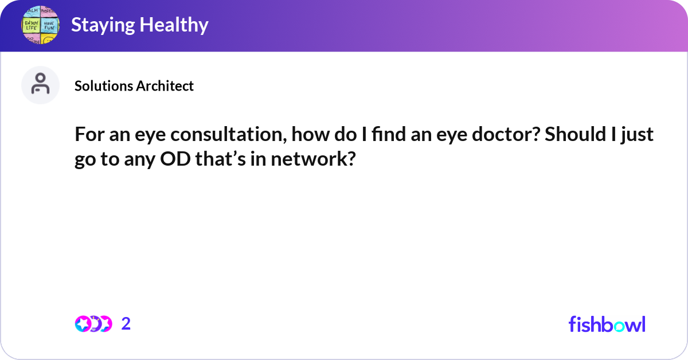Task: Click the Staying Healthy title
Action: point(139,25)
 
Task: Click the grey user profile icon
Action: point(40,85)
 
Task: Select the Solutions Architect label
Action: point(134,86)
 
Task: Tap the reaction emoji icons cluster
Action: point(93,324)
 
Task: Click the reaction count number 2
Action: point(126,324)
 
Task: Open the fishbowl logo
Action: point(607,324)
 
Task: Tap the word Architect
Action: point(166,86)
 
